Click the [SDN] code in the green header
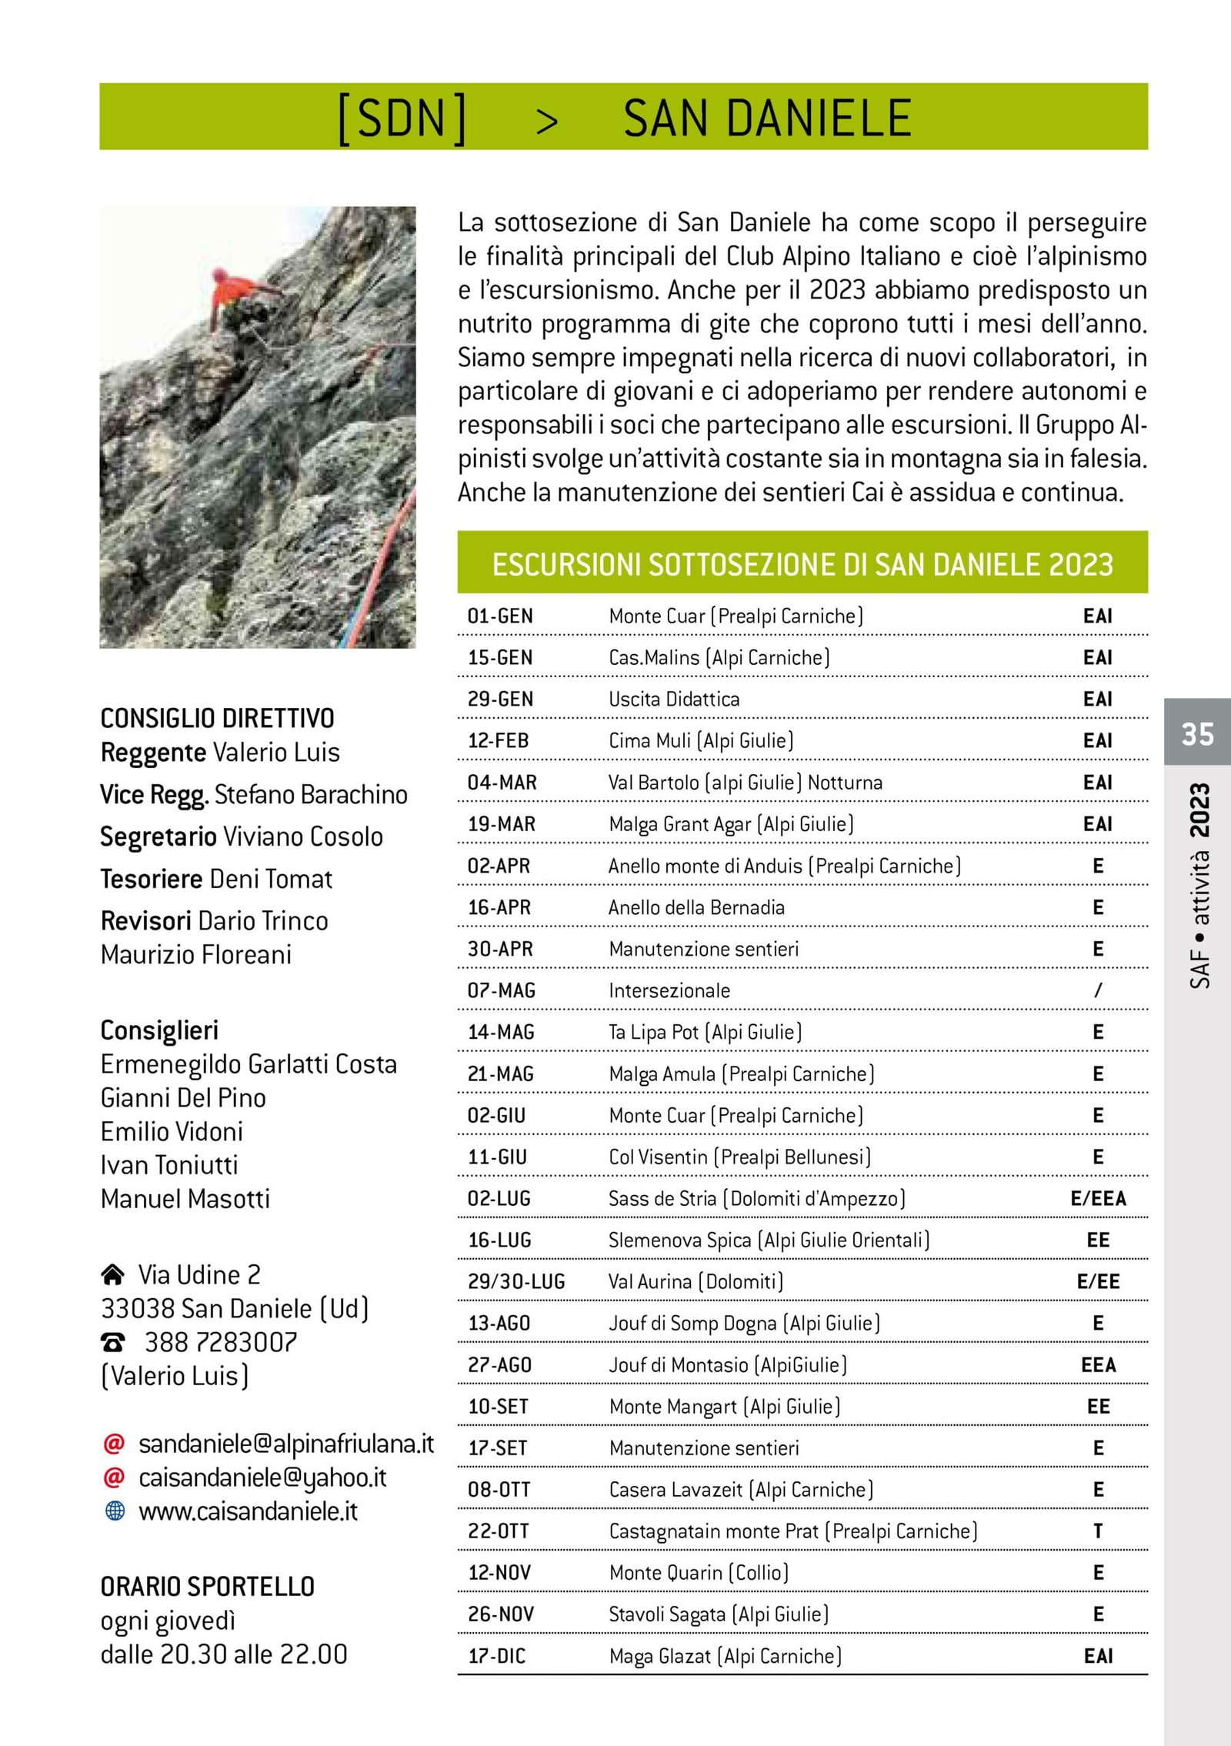pyautogui.click(x=402, y=119)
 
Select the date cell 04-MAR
pyautogui.click(x=502, y=783)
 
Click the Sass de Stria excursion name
pyautogui.click(x=756, y=1199)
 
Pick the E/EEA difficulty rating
pyautogui.click(x=1098, y=1199)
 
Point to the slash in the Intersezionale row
pyautogui.click(x=1098, y=990)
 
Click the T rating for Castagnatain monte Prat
pyautogui.click(x=1098, y=1531)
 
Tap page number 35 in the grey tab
pyautogui.click(x=1197, y=733)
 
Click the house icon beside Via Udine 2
pyautogui.click(x=112, y=1275)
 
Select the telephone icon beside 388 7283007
pyautogui.click(x=113, y=1343)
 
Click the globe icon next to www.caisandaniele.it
pyautogui.click(x=114, y=1511)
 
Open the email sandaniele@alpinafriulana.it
pyautogui.click(x=286, y=1444)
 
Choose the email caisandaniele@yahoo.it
pyautogui.click(x=262, y=1477)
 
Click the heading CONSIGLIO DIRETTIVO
pyautogui.click(x=218, y=719)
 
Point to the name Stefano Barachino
pyautogui.click(x=311, y=794)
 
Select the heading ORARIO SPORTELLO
pyautogui.click(x=208, y=1587)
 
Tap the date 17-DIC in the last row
pyautogui.click(x=497, y=1656)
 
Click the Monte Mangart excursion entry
pyautogui.click(x=724, y=1407)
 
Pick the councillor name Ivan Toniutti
pyautogui.click(x=169, y=1165)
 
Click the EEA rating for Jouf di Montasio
pyautogui.click(x=1098, y=1365)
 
